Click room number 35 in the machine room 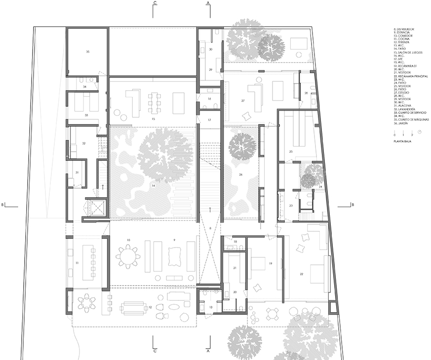[87, 51]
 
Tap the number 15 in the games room [154, 119]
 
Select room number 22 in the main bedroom [301, 273]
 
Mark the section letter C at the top [155, 3]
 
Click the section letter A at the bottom [208, 351]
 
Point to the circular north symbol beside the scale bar [419, 132]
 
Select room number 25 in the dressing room [291, 151]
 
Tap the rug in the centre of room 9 [173, 257]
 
